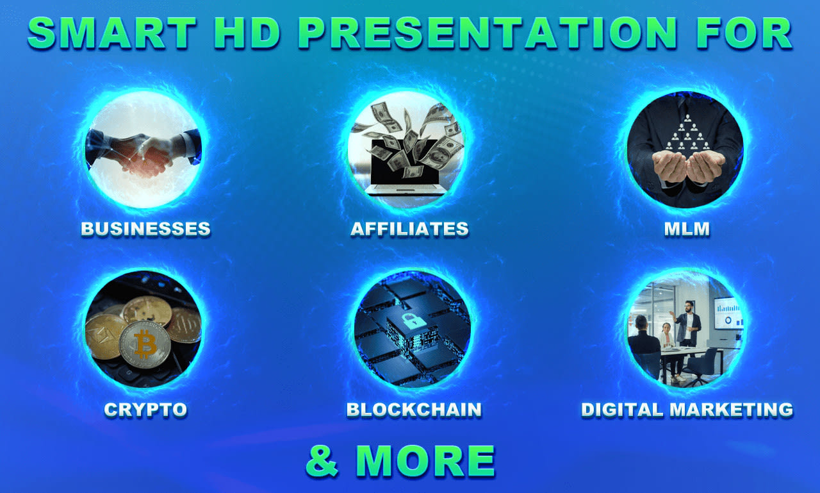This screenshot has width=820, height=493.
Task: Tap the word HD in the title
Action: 246,33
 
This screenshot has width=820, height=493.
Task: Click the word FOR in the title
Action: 743,33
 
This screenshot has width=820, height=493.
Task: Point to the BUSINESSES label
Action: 145,229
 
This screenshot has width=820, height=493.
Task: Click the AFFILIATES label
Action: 409,229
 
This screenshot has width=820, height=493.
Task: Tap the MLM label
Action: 687,229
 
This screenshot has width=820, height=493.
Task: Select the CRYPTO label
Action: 145,410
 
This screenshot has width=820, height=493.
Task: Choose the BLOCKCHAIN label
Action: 414,410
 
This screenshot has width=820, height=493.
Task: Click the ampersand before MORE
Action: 322,460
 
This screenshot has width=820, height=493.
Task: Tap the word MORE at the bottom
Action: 425,460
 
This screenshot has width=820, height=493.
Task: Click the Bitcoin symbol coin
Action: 145,344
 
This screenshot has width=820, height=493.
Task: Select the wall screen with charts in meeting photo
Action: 728,312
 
